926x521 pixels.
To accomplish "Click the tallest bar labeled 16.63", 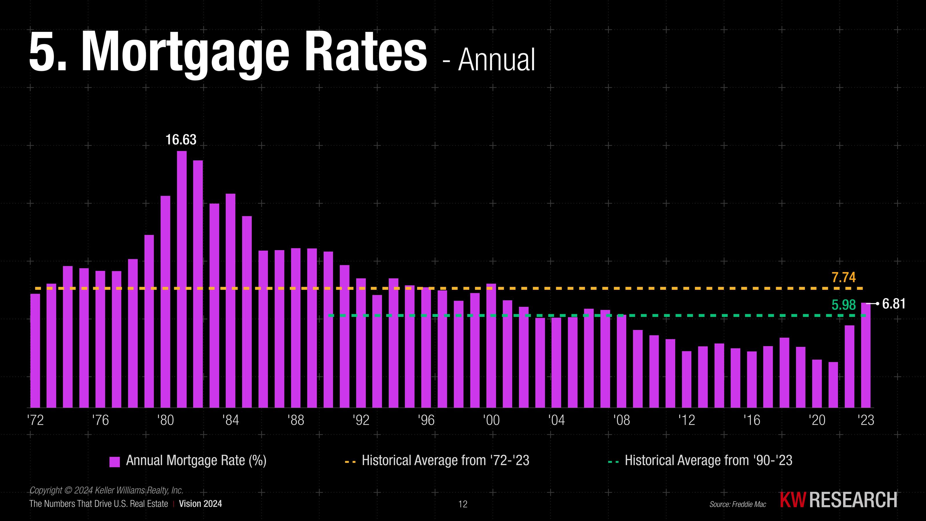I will (x=182, y=279).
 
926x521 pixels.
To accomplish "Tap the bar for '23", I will (x=866, y=355).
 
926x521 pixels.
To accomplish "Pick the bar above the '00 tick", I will (x=491, y=346).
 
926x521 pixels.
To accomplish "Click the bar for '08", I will (x=622, y=361).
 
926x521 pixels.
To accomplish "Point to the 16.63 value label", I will (x=181, y=140).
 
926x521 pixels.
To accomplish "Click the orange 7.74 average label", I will (x=843, y=278).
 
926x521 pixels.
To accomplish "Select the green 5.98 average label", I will (x=843, y=305).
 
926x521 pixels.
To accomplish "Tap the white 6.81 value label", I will (x=894, y=304).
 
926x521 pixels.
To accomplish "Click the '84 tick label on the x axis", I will (x=230, y=420).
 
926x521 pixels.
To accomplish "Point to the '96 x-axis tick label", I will (x=426, y=420).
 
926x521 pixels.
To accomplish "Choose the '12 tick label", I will (x=687, y=420).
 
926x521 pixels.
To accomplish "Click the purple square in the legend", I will (x=114, y=462).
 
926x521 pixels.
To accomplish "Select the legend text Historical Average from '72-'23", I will (x=445, y=461).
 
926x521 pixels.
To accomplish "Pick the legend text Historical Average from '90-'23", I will (x=708, y=461).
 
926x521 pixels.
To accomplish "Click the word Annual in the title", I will (x=497, y=60).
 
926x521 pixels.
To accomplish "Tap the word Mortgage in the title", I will (x=185, y=52).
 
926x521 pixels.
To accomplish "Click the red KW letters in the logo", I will (x=793, y=500).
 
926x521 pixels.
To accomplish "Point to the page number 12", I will (x=463, y=504).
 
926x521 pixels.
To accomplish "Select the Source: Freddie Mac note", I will (x=738, y=504).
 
